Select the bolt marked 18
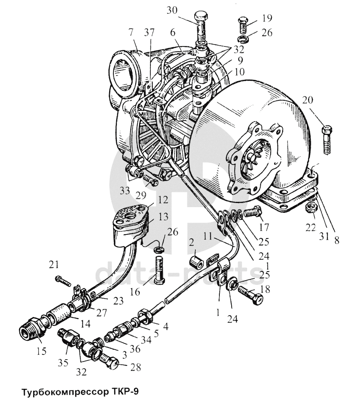click(251, 294)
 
